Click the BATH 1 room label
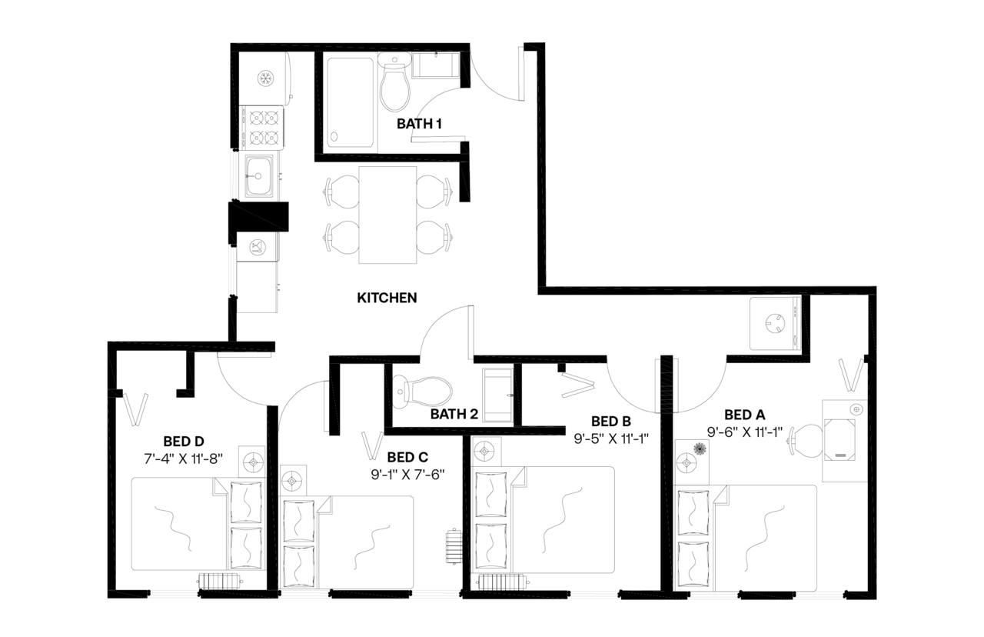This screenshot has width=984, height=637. point(419,123)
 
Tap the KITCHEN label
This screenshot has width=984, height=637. point(387,298)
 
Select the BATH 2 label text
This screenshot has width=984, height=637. point(454,414)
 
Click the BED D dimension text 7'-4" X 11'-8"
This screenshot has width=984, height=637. point(183,459)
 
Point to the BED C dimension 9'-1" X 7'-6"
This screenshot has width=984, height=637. point(407,474)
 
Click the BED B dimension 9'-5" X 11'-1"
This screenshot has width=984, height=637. point(611,439)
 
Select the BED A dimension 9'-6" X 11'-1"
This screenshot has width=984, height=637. point(744,432)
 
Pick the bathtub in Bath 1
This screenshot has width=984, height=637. point(351,103)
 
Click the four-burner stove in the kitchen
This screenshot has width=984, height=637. point(261,128)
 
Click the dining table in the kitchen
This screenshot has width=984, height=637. point(388,215)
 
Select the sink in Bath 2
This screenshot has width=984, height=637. point(497,395)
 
